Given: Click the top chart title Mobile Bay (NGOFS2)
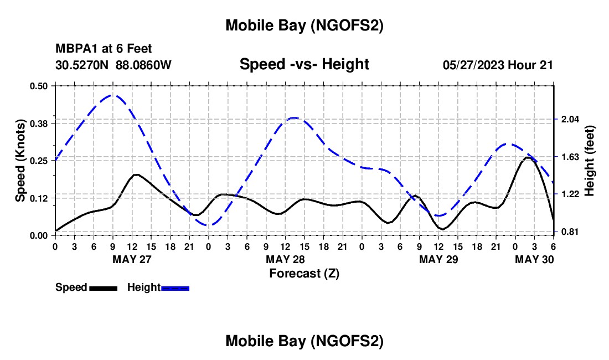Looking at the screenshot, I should point(304,25).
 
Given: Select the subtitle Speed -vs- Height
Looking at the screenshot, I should point(304,64).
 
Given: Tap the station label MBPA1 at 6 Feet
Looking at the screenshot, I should point(104,49).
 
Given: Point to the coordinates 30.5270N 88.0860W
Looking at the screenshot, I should point(113,65).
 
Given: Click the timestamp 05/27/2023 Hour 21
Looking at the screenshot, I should point(498,65).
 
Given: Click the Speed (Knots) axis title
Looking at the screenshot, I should point(20,161).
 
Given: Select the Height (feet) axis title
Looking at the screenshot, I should point(589,161).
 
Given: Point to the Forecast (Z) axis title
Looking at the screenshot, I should point(304,272).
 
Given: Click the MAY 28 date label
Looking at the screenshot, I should point(285,259).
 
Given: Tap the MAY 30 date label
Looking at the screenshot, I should point(534,259).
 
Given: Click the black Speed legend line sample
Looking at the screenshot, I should point(103,287).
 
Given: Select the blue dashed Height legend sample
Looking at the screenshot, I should point(175,287).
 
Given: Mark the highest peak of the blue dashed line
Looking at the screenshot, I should point(112,95).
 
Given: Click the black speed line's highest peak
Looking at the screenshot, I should point(528,157).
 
